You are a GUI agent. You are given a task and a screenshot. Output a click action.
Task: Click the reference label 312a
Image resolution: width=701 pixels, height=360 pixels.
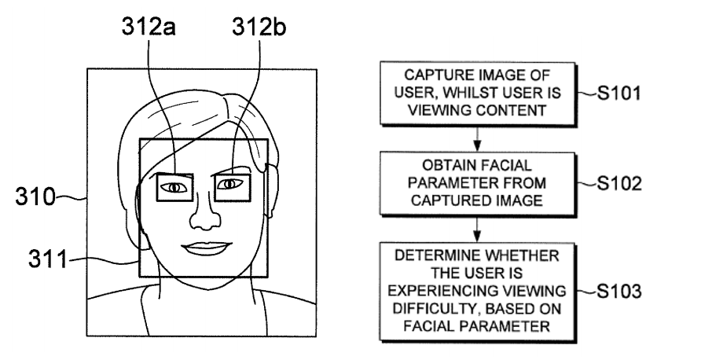point(149,28)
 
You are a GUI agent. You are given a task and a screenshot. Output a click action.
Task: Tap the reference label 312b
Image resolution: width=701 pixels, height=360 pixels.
point(259,28)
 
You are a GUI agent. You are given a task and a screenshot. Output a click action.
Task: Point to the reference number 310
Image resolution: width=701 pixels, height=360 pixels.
point(36,197)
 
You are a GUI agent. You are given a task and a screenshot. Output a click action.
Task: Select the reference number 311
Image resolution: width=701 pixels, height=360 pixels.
point(47,259)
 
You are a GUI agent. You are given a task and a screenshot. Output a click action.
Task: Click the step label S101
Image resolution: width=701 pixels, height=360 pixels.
point(618,93)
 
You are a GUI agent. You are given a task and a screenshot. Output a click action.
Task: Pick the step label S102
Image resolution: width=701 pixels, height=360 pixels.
point(619,183)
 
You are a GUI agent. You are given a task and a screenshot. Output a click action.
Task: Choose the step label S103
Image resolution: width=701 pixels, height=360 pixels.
point(619,291)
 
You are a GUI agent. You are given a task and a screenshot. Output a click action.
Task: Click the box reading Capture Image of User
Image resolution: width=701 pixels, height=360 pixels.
point(478,93)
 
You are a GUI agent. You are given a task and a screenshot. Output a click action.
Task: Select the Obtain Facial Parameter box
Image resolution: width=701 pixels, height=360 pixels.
point(478,183)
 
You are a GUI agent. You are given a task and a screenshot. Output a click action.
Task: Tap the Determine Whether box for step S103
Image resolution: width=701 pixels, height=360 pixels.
point(478,292)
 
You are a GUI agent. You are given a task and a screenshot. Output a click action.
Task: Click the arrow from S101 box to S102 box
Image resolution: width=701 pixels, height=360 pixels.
point(477,138)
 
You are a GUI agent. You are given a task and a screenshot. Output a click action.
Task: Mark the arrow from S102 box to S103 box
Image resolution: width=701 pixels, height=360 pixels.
point(477,230)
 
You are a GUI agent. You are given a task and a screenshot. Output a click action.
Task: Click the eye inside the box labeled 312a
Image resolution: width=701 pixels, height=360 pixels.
point(174,187)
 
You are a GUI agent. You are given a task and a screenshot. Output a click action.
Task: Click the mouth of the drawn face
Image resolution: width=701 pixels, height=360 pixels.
point(207,248)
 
